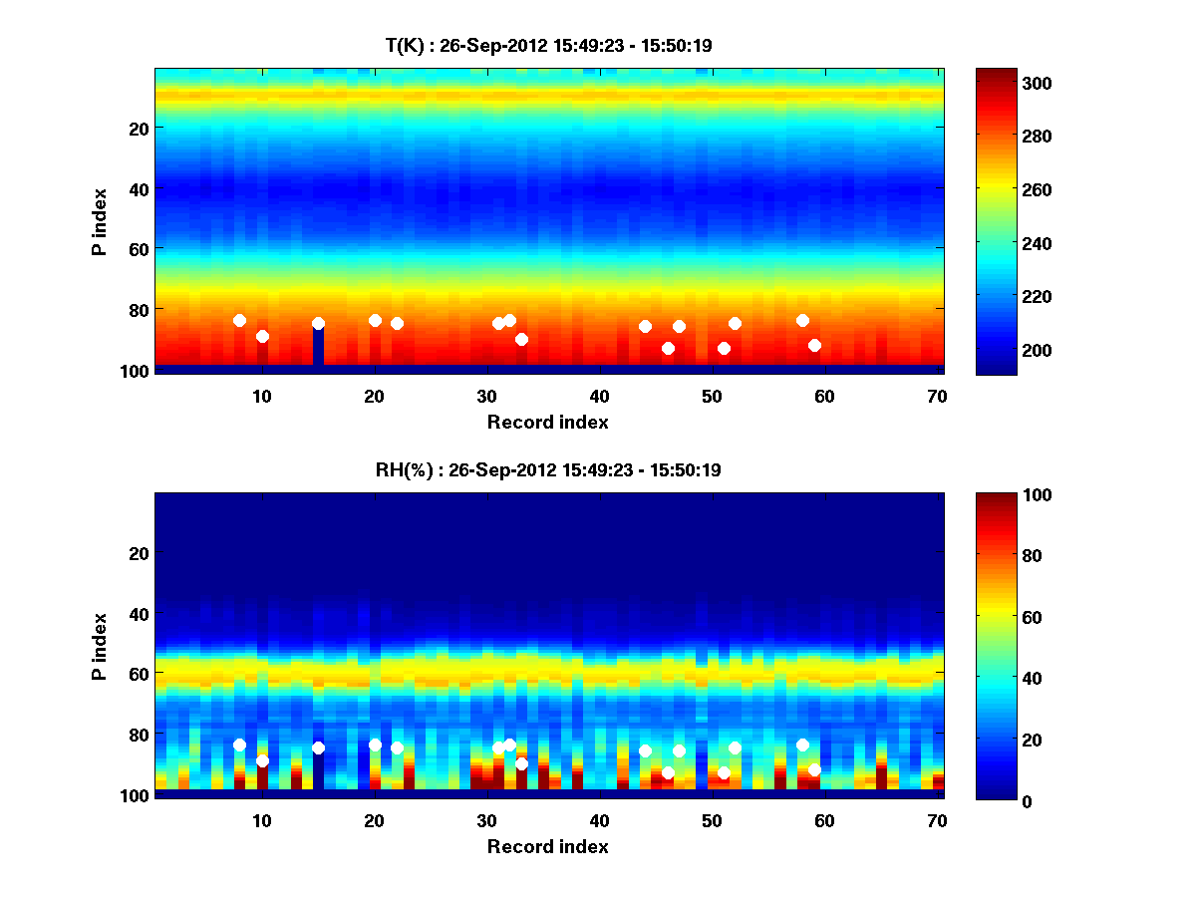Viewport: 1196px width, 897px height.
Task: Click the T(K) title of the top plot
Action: pyautogui.click(x=548, y=45)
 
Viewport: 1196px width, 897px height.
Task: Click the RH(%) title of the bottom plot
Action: pyautogui.click(x=548, y=470)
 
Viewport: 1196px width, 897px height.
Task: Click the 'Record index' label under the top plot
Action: pyautogui.click(x=548, y=423)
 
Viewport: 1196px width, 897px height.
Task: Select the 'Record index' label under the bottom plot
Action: pyautogui.click(x=548, y=847)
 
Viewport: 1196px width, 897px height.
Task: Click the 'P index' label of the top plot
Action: pyautogui.click(x=100, y=221)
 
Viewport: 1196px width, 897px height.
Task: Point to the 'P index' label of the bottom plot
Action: pyautogui.click(x=100, y=646)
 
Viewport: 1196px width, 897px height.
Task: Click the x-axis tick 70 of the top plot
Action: pyautogui.click(x=937, y=396)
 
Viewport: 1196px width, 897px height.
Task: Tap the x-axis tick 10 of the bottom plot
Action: pyautogui.click(x=262, y=820)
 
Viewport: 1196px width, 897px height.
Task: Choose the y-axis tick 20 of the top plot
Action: pyautogui.click(x=138, y=129)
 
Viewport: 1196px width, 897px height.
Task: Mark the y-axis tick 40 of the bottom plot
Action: pyautogui.click(x=138, y=613)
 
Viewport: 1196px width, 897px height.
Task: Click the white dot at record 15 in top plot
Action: pyautogui.click(x=318, y=323)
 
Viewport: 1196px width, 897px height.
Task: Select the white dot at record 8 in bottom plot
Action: pyautogui.click(x=239, y=745)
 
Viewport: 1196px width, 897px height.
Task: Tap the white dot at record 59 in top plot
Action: pyautogui.click(x=814, y=345)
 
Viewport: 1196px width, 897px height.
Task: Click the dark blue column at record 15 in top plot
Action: pyautogui.click(x=318, y=347)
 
